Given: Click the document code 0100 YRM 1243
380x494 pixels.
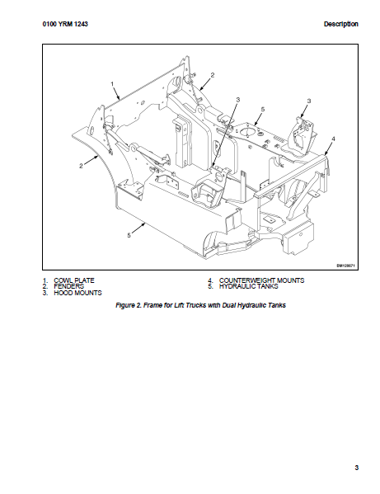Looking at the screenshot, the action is pyautogui.click(x=65, y=24).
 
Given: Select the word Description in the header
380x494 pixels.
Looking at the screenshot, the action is pyautogui.click(x=341, y=24).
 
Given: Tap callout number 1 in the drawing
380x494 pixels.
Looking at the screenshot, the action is pyautogui.click(x=112, y=84).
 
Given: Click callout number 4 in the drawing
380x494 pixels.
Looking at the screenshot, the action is pyautogui.click(x=334, y=139).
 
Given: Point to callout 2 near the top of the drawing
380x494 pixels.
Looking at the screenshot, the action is pyautogui.click(x=213, y=75).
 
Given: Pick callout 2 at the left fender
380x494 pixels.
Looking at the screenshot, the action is pyautogui.click(x=81, y=166).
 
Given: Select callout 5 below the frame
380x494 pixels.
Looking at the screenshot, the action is pyautogui.click(x=129, y=235).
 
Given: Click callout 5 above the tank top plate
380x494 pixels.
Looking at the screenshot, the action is pyautogui.click(x=263, y=110).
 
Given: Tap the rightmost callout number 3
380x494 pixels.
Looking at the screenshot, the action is pyautogui.click(x=309, y=101).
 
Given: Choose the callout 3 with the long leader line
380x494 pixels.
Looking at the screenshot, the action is pyautogui.click(x=237, y=100).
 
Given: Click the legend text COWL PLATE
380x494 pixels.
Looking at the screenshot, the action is pyautogui.click(x=74, y=280).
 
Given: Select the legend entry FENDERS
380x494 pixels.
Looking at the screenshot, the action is pyautogui.click(x=69, y=286).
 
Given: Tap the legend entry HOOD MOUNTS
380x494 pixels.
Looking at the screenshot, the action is pyautogui.click(x=77, y=293).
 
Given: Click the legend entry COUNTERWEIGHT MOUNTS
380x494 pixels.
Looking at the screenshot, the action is pyautogui.click(x=261, y=280).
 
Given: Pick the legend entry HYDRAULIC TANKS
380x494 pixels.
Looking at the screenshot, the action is pyautogui.click(x=249, y=286).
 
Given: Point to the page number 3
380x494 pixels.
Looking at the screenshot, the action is pyautogui.click(x=356, y=468).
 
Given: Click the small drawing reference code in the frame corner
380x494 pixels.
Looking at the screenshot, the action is pyautogui.click(x=346, y=266).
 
